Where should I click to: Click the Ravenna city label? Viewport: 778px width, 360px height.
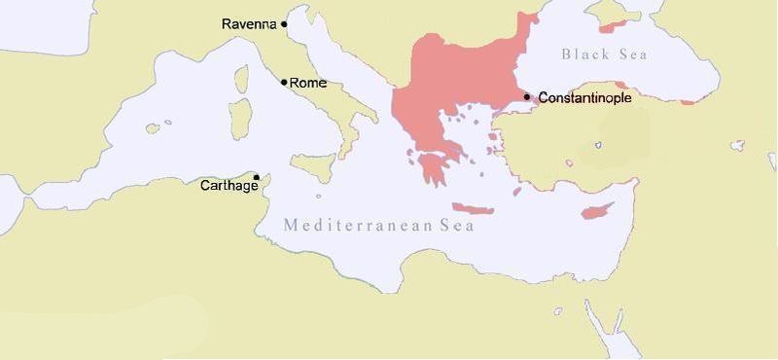pos(250,23)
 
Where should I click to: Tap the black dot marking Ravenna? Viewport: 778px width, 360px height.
pos(284,24)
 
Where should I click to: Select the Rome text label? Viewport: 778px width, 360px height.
pos(307,83)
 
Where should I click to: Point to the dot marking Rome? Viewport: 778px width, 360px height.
pos(284,82)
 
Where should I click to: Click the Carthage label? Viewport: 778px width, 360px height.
pos(229,186)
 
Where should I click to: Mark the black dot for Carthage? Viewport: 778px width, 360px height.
pos(256,177)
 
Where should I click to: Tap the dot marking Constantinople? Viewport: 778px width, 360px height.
pos(526,96)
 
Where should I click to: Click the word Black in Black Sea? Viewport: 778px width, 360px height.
pos(582,54)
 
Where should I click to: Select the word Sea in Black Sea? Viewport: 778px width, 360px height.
pos(633,54)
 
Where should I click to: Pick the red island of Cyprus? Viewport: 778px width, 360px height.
pos(594,210)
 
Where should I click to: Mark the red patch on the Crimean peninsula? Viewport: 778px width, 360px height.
pos(609,19)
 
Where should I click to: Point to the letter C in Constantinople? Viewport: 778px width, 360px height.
pos(543,97)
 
